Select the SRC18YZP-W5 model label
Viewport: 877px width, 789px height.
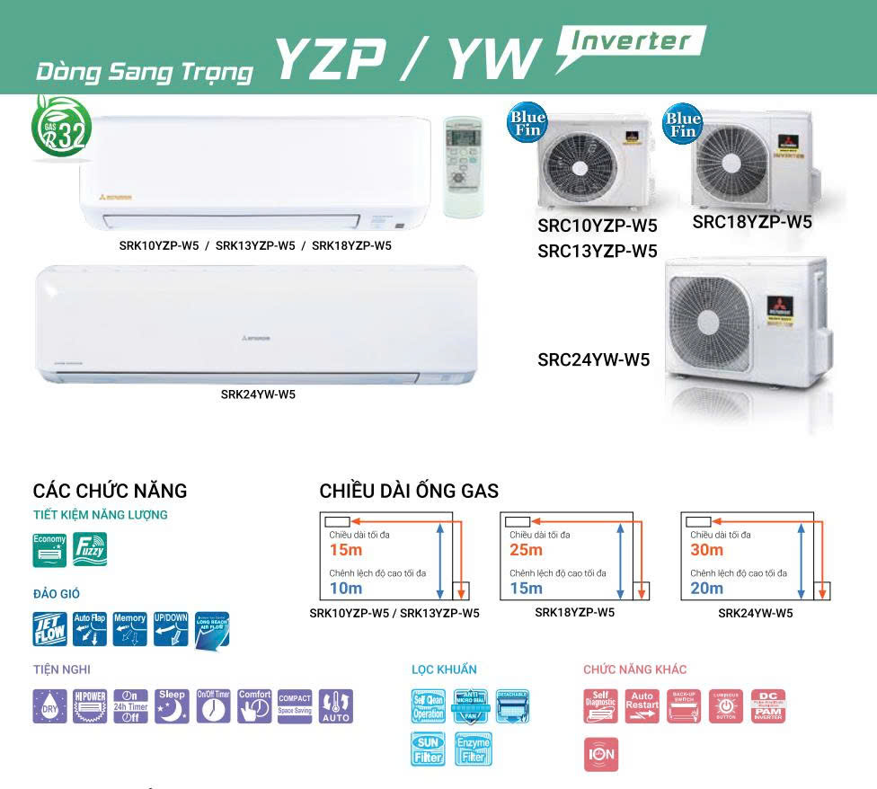752,222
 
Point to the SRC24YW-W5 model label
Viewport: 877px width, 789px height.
593,360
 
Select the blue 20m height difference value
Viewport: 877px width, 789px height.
707,589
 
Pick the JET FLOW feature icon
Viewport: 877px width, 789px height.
49,629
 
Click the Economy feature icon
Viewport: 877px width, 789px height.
49,550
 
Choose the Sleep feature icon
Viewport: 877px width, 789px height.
172,706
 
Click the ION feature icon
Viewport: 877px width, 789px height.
601,753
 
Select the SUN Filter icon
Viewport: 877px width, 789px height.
429,749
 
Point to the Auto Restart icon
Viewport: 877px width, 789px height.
642,706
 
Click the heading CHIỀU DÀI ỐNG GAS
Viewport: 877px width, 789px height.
409,492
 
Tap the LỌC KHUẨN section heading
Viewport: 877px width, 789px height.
444,669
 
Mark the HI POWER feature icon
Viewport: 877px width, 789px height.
90,706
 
